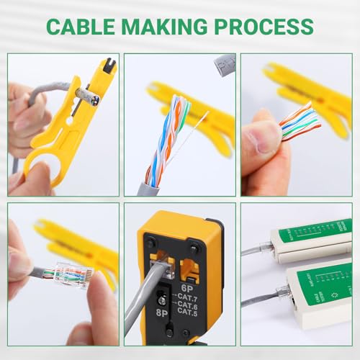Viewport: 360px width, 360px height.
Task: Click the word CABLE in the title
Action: [81, 27]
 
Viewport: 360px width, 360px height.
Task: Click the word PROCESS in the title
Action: [266, 27]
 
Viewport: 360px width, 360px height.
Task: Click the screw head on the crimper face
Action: [153, 295]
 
